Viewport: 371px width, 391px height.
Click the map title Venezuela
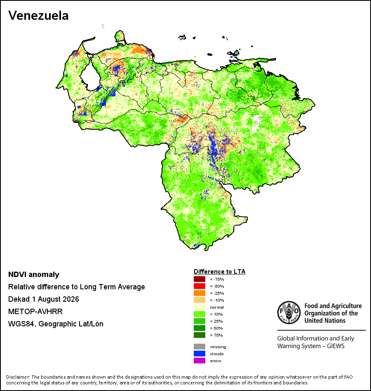(x=38, y=16)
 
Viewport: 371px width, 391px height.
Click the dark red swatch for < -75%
(x=200, y=279)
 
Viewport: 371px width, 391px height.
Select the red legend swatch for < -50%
(x=200, y=286)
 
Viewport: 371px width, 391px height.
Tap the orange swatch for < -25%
(x=200, y=293)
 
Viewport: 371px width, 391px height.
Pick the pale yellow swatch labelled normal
(x=200, y=307)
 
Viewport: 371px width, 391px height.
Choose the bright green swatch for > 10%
(x=200, y=314)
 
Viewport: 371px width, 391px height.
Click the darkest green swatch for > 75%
(x=200, y=335)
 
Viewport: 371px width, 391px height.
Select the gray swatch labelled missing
(x=200, y=347)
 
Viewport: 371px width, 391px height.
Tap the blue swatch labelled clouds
(x=200, y=354)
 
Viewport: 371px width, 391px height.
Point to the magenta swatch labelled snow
(x=200, y=361)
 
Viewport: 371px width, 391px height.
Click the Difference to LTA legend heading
(x=219, y=272)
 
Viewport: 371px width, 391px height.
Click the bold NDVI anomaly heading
(x=34, y=275)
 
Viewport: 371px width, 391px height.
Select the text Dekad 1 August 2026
(x=43, y=299)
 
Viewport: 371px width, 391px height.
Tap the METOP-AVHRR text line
(x=35, y=312)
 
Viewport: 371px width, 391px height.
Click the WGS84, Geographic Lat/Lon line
(x=56, y=324)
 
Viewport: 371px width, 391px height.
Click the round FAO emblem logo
(x=289, y=313)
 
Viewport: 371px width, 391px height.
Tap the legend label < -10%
(x=217, y=300)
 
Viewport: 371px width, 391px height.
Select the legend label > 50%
(x=216, y=328)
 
